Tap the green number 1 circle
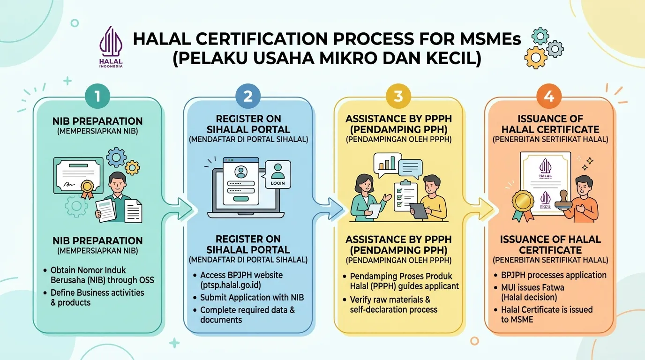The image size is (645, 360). [x=97, y=96]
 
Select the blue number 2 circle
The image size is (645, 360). [x=248, y=96]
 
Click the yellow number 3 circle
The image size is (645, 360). [x=398, y=96]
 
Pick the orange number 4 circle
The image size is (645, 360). [x=549, y=96]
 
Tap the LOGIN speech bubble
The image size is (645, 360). [x=277, y=174]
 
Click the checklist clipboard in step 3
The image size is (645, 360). [x=405, y=195]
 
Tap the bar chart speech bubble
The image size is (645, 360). [x=387, y=164]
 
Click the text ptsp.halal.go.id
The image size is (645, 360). [x=231, y=285]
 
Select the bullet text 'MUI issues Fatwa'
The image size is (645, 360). [x=532, y=287]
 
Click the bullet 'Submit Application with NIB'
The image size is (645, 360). [x=252, y=298]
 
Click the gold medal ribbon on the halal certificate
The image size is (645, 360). [x=523, y=205]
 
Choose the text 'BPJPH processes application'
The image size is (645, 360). [x=554, y=275]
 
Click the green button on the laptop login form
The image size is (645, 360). [x=241, y=198]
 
